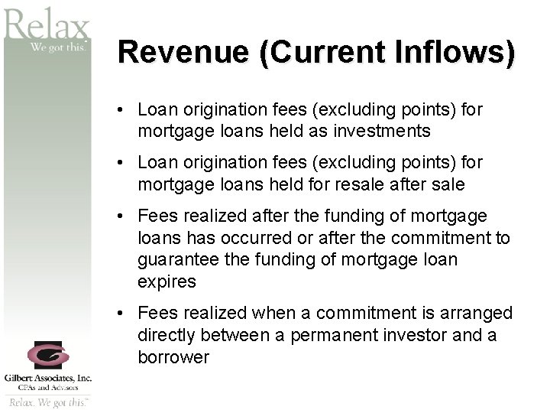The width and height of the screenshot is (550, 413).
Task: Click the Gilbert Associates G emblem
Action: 47,356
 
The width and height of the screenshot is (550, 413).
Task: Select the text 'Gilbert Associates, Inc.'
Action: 47,378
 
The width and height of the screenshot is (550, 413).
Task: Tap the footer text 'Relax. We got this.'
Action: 47,402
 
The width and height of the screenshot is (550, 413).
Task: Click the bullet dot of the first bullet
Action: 122,111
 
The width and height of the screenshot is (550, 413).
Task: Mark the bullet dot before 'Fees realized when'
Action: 122,314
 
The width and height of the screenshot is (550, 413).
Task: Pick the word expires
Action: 167,281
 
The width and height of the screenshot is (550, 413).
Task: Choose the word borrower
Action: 173,356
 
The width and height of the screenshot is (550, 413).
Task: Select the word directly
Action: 166,335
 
